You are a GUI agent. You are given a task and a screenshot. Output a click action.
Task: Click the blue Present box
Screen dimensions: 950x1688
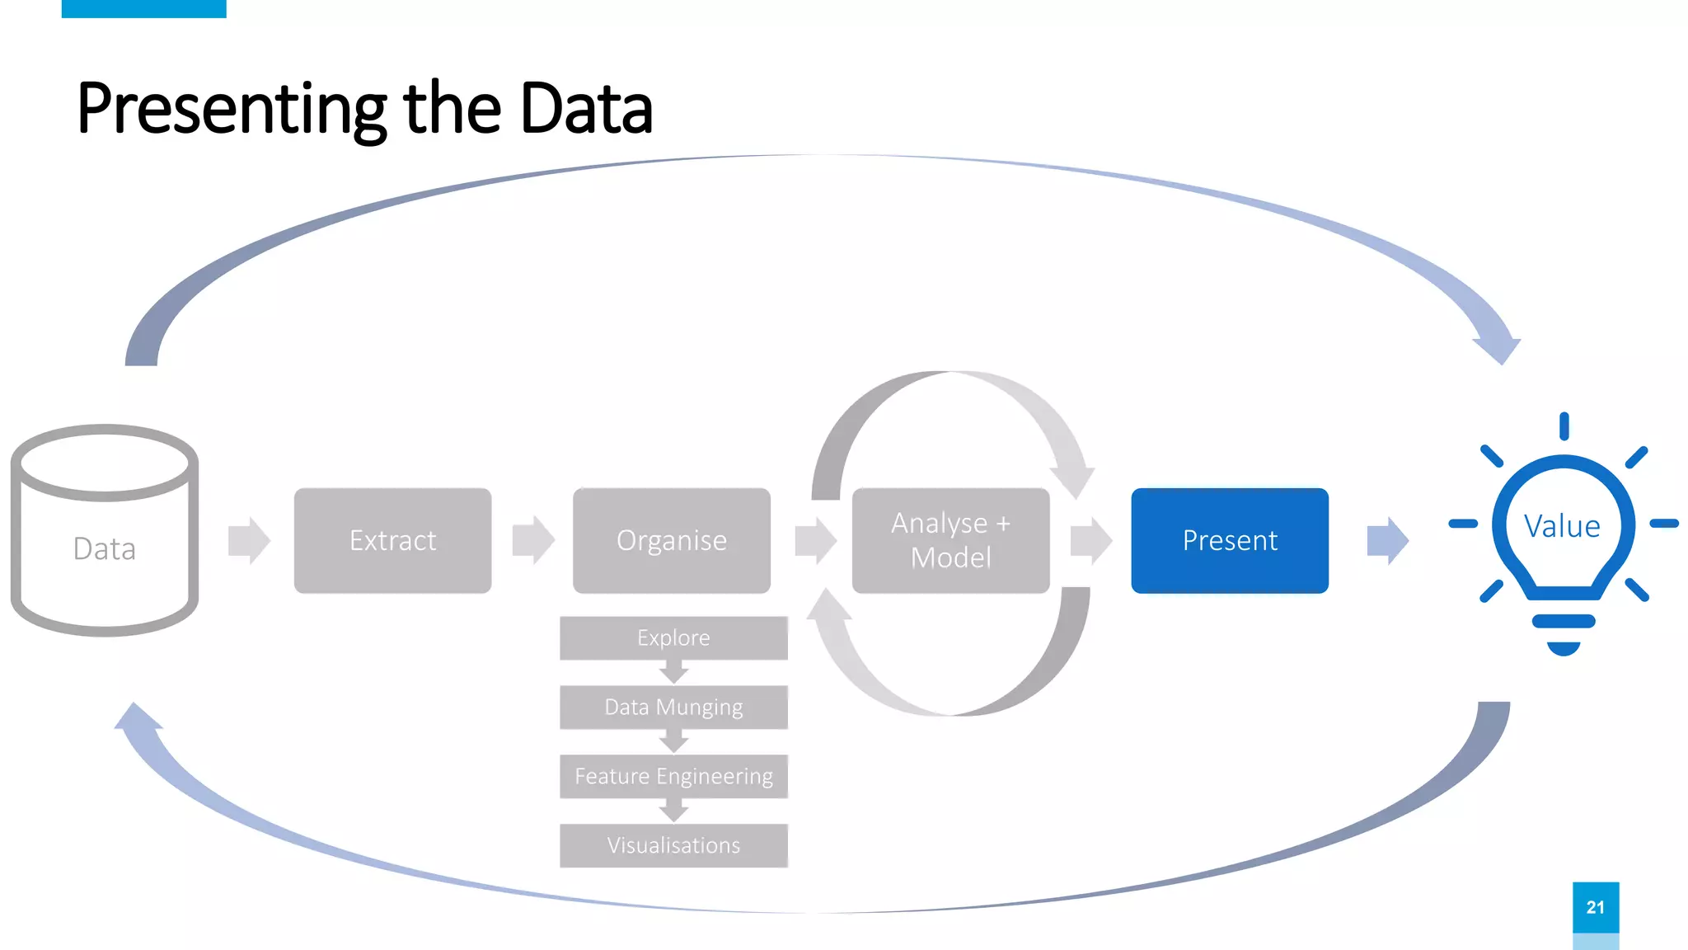tap(1229, 540)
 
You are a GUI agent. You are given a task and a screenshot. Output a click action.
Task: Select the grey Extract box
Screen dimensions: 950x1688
tap(392, 540)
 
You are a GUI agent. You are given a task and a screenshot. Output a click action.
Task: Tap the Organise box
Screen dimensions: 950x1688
tap(671, 540)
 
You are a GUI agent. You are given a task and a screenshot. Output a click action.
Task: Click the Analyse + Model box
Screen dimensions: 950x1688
tap(950, 540)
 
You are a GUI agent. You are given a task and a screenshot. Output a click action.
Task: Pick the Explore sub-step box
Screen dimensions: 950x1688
tap(673, 637)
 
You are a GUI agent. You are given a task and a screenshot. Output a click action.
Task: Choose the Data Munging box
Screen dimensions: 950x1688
tap(673, 707)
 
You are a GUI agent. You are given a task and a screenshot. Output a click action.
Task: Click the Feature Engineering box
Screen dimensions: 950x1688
tap(673, 776)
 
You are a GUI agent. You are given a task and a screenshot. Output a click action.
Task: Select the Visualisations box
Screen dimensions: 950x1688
tap(673, 845)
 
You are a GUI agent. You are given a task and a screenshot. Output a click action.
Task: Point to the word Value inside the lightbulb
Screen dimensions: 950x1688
tap(1562, 526)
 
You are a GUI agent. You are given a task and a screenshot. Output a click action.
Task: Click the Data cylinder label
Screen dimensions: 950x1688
tap(104, 549)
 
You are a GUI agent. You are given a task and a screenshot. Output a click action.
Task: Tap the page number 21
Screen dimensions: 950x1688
tap(1595, 907)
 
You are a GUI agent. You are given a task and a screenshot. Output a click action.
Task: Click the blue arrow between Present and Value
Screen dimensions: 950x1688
tap(1387, 541)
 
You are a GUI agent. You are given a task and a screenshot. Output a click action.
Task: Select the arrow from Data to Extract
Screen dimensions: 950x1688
tap(249, 541)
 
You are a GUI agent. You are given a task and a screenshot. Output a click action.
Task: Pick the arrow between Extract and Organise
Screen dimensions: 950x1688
tap(533, 541)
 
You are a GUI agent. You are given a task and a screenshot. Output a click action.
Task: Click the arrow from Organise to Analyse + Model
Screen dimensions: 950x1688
tap(815, 541)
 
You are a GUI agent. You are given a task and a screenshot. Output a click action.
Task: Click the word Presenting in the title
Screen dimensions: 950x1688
tap(231, 109)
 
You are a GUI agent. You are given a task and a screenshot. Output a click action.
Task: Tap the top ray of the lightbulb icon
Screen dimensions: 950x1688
tap(1564, 426)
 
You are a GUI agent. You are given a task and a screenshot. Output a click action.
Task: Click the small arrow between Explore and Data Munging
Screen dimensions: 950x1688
tap(673, 672)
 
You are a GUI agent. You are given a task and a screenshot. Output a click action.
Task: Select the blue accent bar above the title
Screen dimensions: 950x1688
tap(143, 8)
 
